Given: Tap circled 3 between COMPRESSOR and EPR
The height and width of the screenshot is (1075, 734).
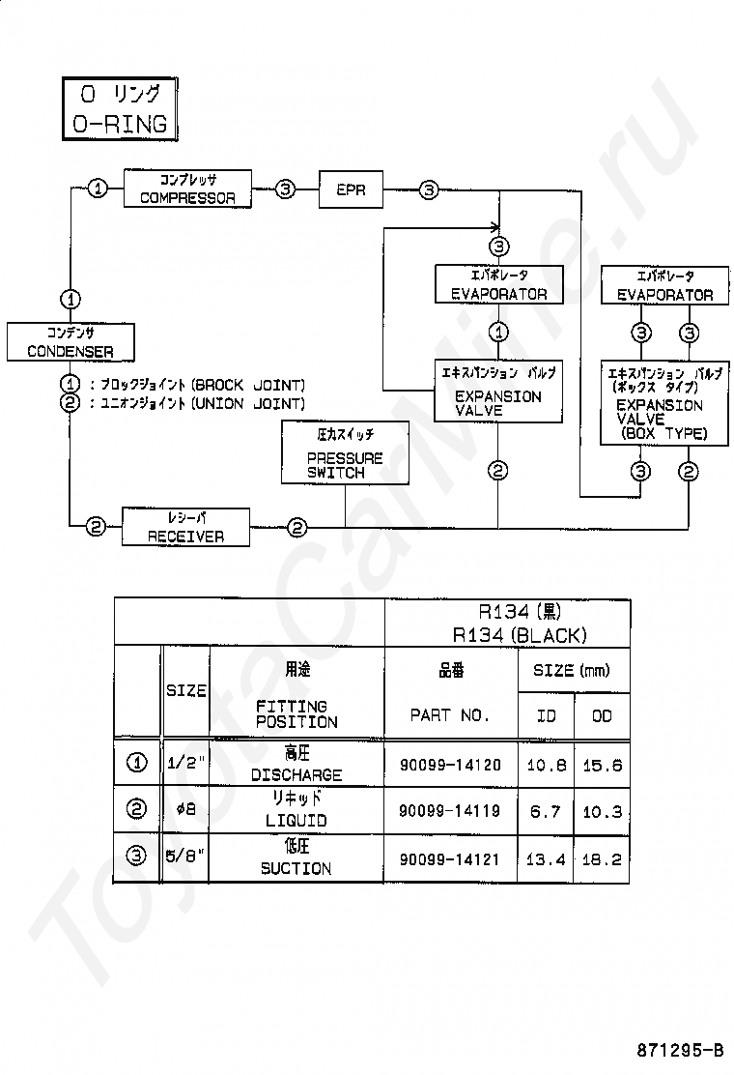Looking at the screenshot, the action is click(286, 189).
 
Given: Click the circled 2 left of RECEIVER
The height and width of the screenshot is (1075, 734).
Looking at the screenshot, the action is click(96, 527).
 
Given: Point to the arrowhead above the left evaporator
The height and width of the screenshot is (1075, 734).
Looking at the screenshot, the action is click(497, 227).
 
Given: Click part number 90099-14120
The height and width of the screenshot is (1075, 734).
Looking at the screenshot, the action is click(450, 765).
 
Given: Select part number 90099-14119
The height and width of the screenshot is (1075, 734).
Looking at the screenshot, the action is click(450, 811).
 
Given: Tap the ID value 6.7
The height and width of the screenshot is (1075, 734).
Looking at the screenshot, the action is click(546, 812).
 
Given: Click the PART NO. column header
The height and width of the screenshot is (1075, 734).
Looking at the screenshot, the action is click(450, 715).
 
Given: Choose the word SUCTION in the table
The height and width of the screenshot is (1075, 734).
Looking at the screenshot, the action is click(296, 869).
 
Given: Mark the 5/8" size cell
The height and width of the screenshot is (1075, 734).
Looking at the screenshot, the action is click(185, 857).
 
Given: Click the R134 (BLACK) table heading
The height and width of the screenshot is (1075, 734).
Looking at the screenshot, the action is click(520, 635).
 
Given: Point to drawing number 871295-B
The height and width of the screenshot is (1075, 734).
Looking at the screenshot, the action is click(680, 1050).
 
